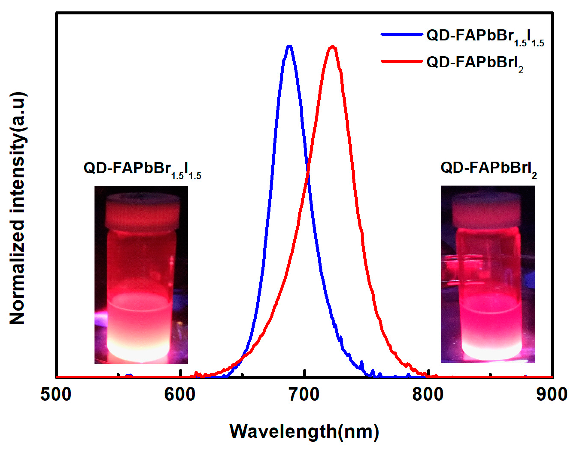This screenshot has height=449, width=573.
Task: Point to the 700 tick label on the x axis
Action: (304, 395)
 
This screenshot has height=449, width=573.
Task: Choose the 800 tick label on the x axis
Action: (428, 395)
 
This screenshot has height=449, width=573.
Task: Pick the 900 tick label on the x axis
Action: (552, 395)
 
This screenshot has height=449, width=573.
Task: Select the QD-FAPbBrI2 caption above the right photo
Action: (488, 169)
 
